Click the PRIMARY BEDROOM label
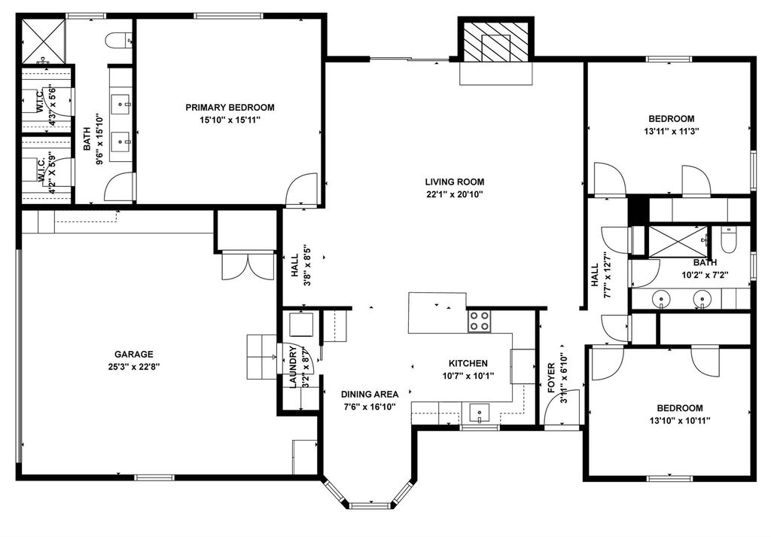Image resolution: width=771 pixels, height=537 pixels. [230, 107]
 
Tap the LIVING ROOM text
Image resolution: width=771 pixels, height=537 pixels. [454, 182]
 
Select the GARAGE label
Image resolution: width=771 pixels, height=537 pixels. [134, 354]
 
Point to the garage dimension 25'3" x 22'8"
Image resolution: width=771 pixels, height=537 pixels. [134, 366]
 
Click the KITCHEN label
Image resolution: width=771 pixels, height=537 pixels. [468, 364]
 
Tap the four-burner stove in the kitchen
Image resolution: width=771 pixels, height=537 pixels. [478, 321]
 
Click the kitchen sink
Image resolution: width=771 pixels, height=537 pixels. [479, 413]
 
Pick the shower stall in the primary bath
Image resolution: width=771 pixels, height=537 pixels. [43, 41]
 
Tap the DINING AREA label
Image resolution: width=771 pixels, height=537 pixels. [370, 395]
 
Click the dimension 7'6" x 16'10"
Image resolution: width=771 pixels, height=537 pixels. [370, 407]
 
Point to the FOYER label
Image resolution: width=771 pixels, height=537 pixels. [551, 377]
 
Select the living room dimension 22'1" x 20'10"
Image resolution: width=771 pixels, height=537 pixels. [454, 194]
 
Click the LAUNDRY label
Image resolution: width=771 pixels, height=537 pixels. [293, 368]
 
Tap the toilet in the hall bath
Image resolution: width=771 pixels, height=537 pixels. [728, 240]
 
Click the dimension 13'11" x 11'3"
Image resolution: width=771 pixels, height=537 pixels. [671, 131]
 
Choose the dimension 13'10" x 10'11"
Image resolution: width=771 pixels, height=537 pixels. [680, 420]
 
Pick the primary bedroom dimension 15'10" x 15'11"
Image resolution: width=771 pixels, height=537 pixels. [230, 120]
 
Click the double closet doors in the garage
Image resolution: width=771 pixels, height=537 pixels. [248, 266]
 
